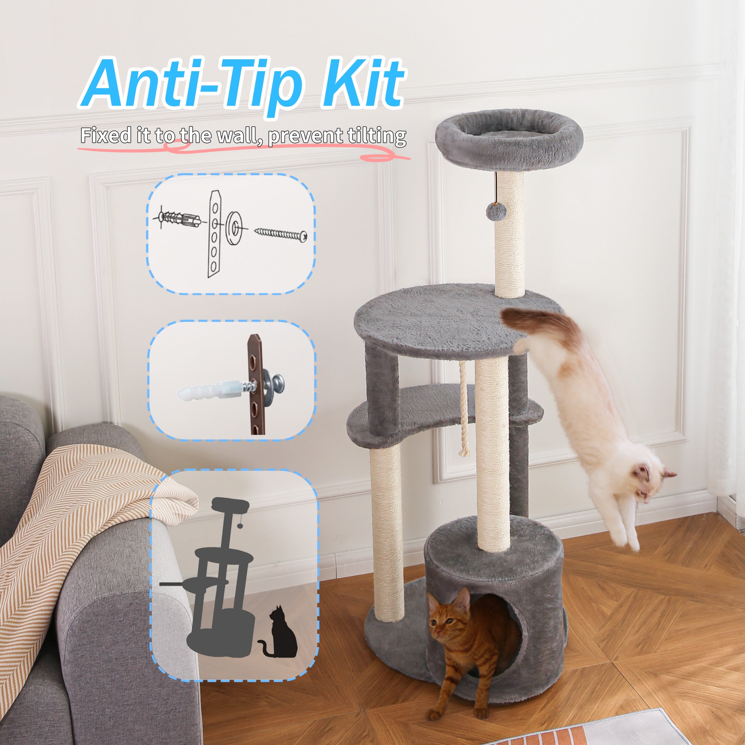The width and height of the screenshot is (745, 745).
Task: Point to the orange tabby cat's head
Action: [x=449, y=618]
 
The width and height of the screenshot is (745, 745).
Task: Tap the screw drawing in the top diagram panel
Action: [x=280, y=233]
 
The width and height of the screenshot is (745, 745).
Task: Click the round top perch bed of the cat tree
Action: [x=509, y=138]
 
